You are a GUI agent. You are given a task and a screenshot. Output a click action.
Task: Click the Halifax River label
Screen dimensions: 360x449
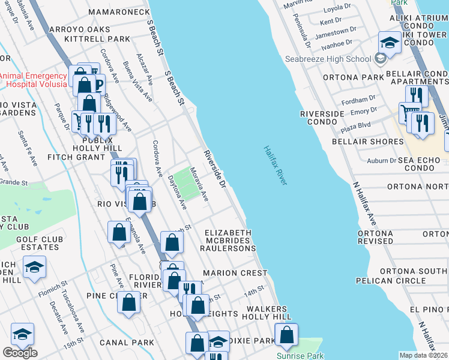(275, 165)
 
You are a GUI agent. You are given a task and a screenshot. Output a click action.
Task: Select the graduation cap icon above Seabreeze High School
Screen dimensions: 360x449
(389, 43)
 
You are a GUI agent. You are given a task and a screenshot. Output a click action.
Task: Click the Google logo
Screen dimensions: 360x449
(20, 353)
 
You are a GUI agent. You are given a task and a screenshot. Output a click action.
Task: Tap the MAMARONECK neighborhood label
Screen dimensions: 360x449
(119, 12)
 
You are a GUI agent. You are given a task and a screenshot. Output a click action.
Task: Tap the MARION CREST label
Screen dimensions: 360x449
(235, 273)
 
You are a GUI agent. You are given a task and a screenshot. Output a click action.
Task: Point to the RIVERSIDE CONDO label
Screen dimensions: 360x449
(322, 118)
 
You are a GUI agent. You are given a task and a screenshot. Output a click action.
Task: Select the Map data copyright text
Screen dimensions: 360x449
(424, 355)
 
